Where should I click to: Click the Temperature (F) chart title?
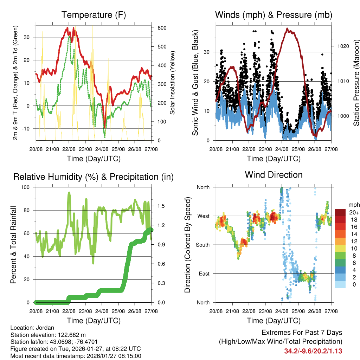94,15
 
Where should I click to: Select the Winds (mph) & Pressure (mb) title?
274,15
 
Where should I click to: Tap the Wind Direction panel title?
274,175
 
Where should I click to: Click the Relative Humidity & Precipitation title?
94,177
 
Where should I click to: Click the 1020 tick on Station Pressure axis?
340,46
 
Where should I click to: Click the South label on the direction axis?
203,245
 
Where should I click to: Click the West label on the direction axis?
203,216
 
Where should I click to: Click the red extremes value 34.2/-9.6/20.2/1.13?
313,351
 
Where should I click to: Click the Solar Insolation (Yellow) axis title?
172,83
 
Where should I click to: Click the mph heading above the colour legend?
353,205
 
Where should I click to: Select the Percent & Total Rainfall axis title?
13,245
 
